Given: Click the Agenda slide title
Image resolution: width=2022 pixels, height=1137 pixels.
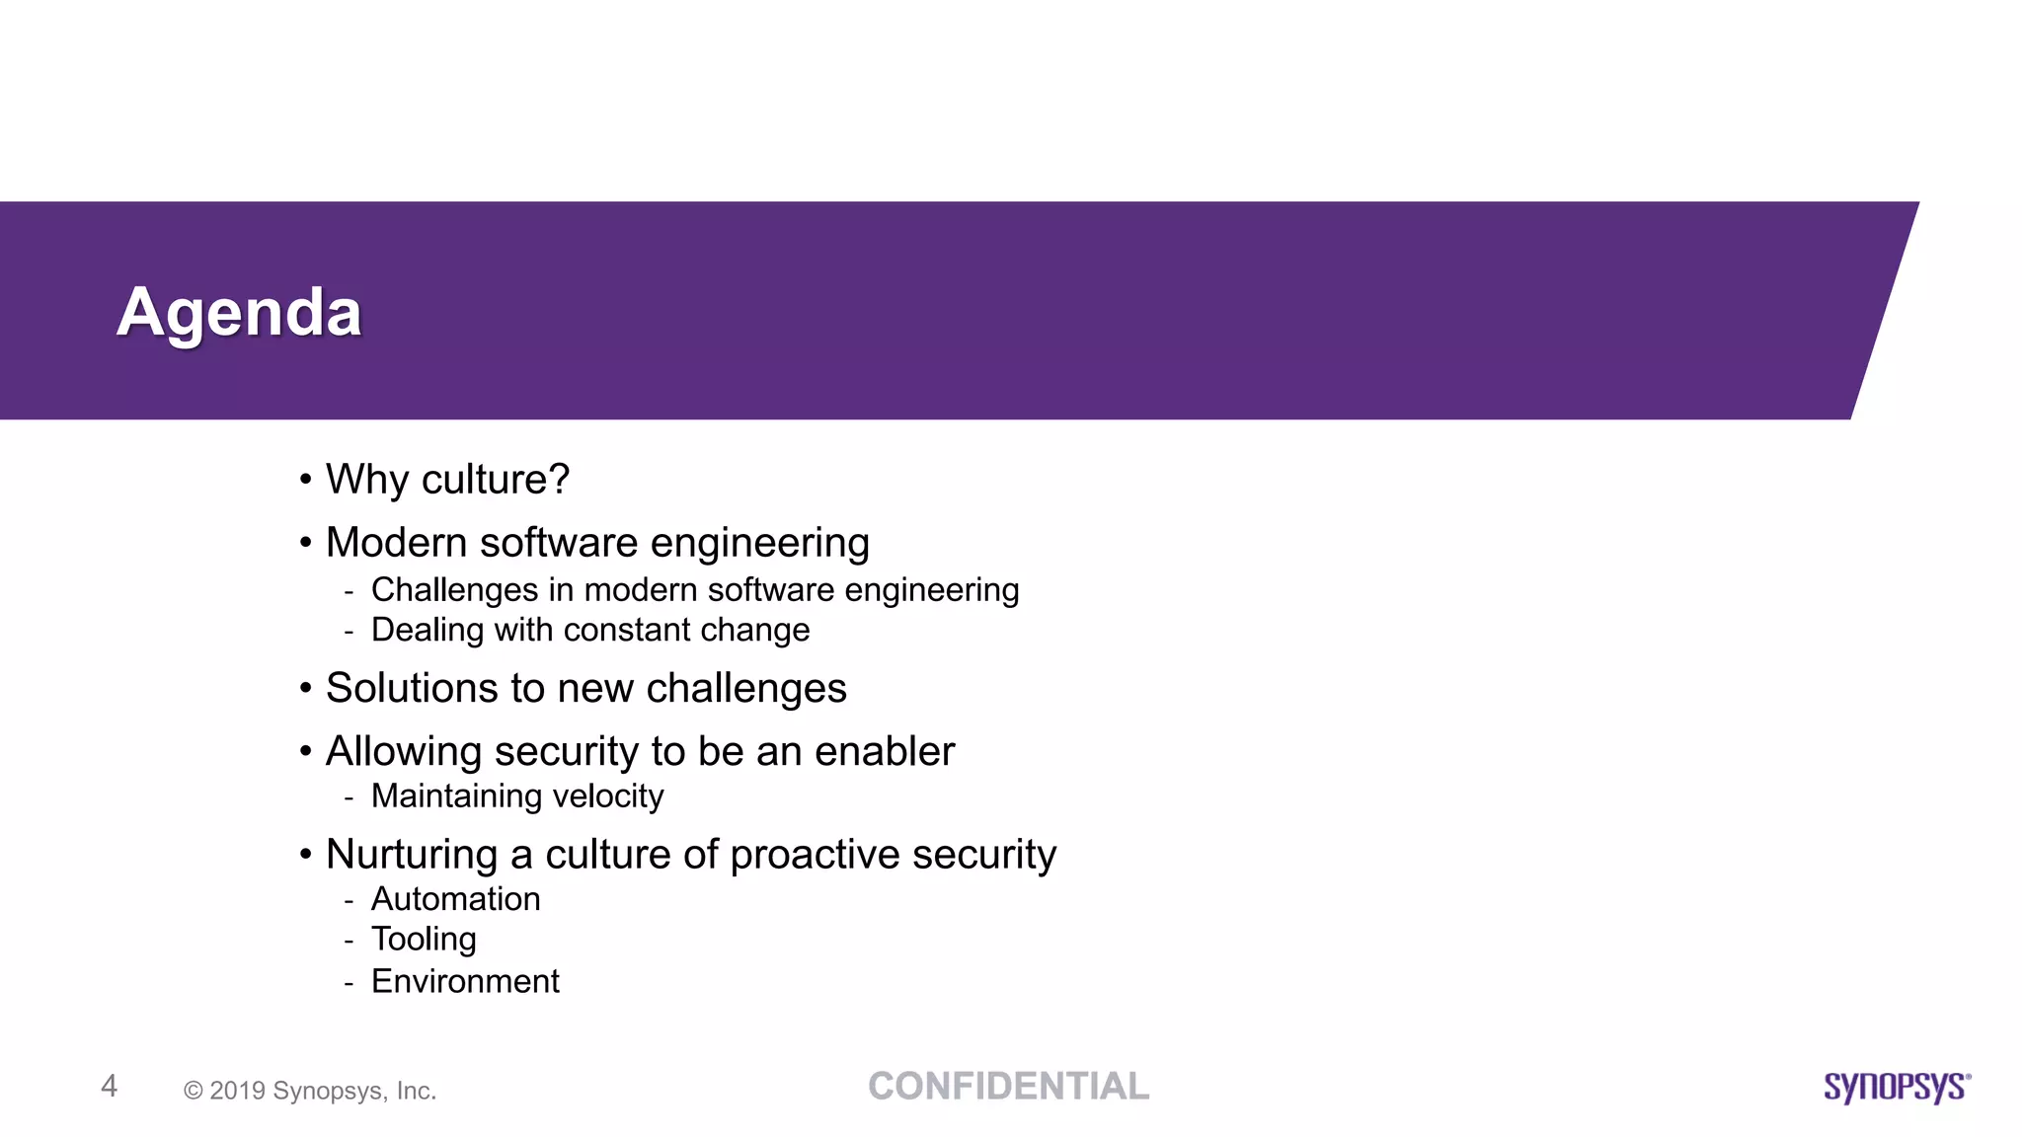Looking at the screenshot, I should (x=239, y=312).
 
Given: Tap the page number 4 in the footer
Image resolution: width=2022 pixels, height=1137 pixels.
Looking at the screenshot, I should (x=110, y=1086).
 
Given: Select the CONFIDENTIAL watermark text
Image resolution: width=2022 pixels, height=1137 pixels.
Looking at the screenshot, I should (x=1008, y=1086).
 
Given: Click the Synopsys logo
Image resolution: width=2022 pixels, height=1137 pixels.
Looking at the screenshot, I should (x=1897, y=1087).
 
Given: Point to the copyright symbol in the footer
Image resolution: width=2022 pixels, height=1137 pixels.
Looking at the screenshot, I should (x=194, y=1091).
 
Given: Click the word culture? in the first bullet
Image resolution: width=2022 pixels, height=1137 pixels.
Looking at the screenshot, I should (x=496, y=480).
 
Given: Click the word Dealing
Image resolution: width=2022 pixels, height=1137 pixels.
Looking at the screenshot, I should (x=428, y=631).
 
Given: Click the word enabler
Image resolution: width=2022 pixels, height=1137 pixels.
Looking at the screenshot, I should (x=885, y=751).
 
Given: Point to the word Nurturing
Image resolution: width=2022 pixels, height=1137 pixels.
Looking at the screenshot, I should (x=412, y=855).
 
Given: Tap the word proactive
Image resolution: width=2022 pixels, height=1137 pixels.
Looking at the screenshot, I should (x=815, y=855).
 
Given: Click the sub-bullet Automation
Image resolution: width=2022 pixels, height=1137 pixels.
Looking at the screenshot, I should (x=455, y=899).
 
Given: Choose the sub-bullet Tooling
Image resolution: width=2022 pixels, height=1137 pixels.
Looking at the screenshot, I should (x=424, y=940).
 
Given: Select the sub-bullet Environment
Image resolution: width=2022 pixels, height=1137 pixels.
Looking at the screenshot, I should (x=465, y=981).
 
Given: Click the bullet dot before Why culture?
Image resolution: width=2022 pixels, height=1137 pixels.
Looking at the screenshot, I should (x=306, y=480).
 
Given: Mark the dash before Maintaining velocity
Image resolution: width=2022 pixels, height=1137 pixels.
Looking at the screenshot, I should (x=349, y=797).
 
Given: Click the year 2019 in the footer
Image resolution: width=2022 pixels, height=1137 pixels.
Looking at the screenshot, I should (x=237, y=1091).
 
